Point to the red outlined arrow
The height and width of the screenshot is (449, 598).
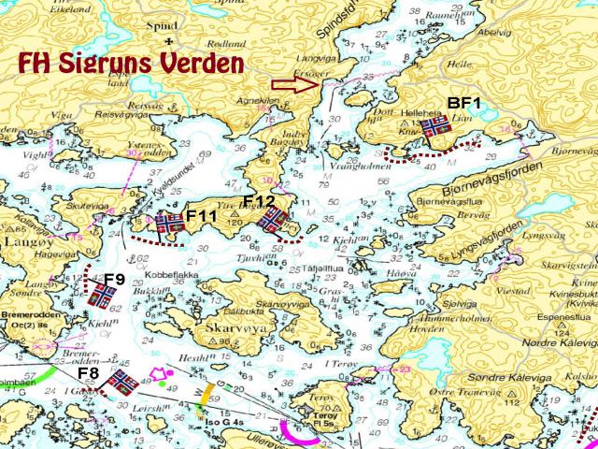293,84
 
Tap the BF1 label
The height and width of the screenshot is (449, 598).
463,103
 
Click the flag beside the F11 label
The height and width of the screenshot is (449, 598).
169,224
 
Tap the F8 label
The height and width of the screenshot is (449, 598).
89,374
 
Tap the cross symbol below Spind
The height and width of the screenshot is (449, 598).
169,43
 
